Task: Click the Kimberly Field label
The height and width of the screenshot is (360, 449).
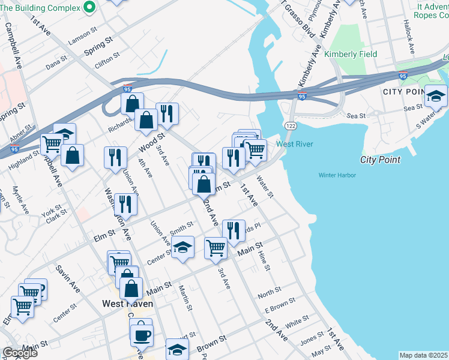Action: point(351,54)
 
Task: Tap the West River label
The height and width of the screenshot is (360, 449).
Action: point(295,145)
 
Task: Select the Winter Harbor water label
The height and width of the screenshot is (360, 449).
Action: point(337,175)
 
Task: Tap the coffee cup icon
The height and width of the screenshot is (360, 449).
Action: point(142,335)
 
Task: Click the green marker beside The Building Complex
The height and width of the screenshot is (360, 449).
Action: point(90,7)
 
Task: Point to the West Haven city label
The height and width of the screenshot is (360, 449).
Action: point(127,304)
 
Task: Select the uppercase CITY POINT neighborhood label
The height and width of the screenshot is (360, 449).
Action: point(403,92)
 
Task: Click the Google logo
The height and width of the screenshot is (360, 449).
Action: point(19,353)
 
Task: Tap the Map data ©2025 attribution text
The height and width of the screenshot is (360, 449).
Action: point(423,355)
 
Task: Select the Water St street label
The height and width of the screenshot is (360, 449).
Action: point(265,187)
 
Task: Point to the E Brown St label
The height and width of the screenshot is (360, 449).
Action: point(280,305)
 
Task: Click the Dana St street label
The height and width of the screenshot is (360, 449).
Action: point(56,61)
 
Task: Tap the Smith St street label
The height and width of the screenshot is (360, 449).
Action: point(181,227)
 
